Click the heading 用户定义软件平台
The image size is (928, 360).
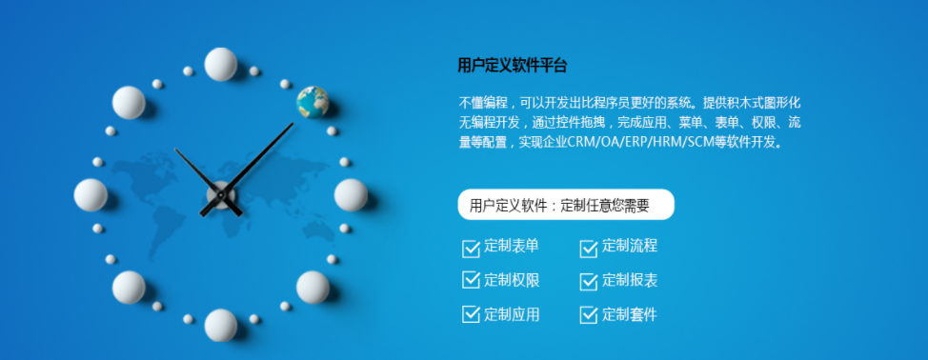point(513,66)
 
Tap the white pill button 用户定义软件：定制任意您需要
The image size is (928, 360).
point(566,205)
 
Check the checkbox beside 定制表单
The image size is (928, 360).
point(471,249)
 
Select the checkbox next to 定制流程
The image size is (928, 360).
point(589,249)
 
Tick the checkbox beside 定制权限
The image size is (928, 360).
point(471,280)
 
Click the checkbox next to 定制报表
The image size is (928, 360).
point(589,281)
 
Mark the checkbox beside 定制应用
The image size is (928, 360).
point(471,314)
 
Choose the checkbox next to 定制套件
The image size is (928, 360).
point(589,314)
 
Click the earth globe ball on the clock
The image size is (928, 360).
point(313,101)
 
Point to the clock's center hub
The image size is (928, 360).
point(220,194)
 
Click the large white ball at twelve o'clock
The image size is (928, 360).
point(221,65)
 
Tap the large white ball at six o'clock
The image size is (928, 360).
point(221,325)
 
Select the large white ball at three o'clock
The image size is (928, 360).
point(351,194)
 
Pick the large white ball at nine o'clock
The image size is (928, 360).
point(91,194)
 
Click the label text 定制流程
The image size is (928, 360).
point(630,247)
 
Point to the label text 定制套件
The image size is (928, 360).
point(630,313)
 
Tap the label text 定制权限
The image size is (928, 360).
point(512,280)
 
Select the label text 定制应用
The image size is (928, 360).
point(512,313)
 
